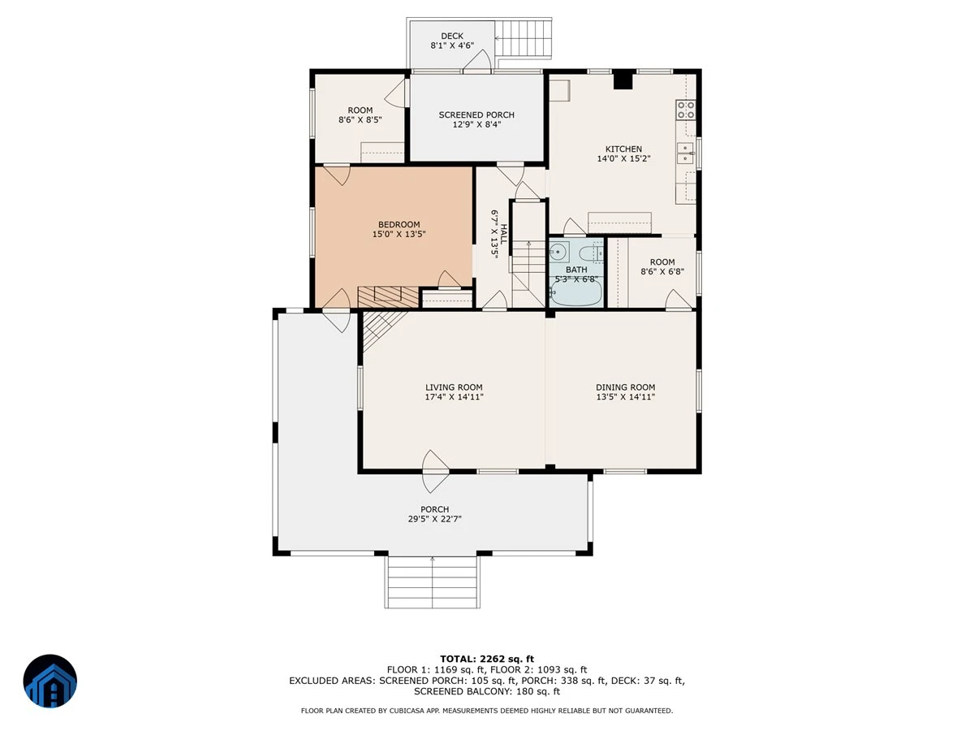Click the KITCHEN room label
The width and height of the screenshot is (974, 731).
[x=623, y=149]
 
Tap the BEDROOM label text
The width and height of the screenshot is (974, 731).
[x=399, y=225]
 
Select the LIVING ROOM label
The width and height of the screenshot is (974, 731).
[x=454, y=387]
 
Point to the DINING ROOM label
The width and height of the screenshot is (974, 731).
[x=625, y=387]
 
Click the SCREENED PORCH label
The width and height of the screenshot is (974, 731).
[x=476, y=115]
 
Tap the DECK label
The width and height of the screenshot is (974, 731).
[x=452, y=36]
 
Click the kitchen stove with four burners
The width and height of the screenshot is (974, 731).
[x=686, y=110]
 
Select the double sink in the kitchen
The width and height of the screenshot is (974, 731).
[x=686, y=154]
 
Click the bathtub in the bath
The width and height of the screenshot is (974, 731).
[x=576, y=293]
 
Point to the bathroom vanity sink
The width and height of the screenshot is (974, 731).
[x=558, y=252]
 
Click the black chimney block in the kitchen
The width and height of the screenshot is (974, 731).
[x=623, y=80]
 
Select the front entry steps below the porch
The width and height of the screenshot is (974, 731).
[x=432, y=582]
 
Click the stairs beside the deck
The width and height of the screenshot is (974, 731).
[x=524, y=38]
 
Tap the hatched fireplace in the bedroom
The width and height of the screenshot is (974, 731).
[x=388, y=297]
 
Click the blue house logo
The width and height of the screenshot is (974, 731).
[x=50, y=681]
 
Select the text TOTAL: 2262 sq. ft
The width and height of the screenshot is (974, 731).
[x=487, y=659]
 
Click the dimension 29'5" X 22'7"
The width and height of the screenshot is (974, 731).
[x=435, y=519]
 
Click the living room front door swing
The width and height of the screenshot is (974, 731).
[x=435, y=471]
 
